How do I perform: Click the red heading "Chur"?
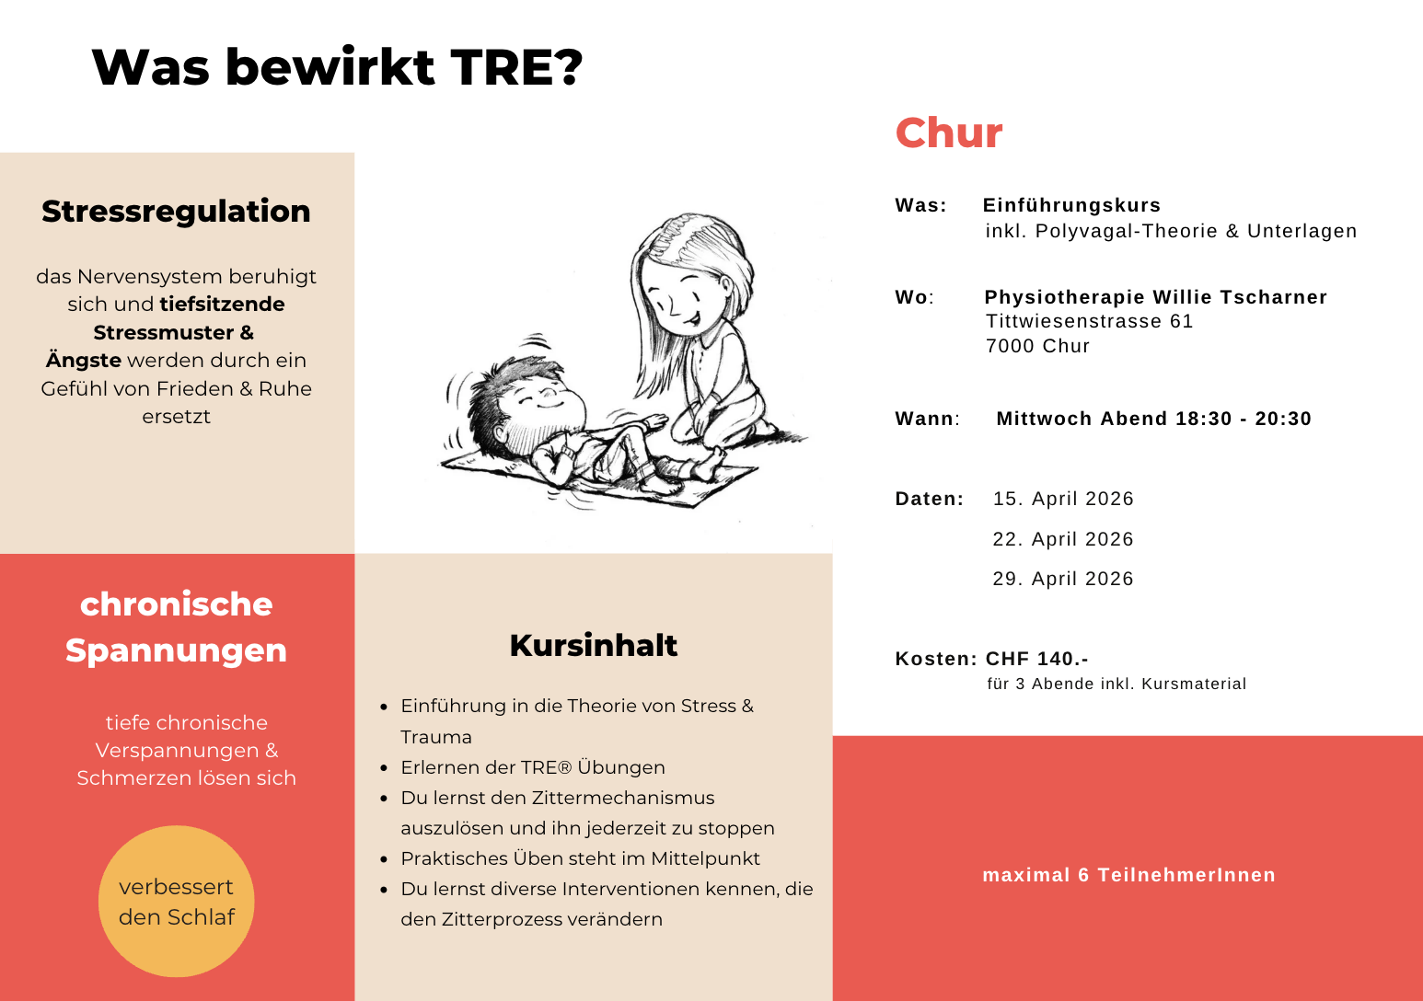coord(948,133)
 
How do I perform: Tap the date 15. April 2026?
coord(1062,499)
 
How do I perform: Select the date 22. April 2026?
coord(1062,539)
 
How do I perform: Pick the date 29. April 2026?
coord(1062,579)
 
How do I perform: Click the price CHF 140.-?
coord(1036,659)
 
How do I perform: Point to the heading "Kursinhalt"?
coord(593,645)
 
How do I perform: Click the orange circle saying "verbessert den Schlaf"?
coord(176,901)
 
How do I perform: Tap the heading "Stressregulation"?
coord(176,211)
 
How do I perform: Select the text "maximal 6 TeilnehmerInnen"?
coord(1128,875)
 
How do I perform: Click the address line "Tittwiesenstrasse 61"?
coord(1089,321)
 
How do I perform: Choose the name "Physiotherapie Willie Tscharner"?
coord(1155,297)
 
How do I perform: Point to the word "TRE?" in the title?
coord(516,67)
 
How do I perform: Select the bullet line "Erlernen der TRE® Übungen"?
coord(532,767)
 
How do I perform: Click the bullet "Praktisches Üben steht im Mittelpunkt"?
coord(580,858)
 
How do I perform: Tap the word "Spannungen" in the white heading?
coord(176,650)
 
